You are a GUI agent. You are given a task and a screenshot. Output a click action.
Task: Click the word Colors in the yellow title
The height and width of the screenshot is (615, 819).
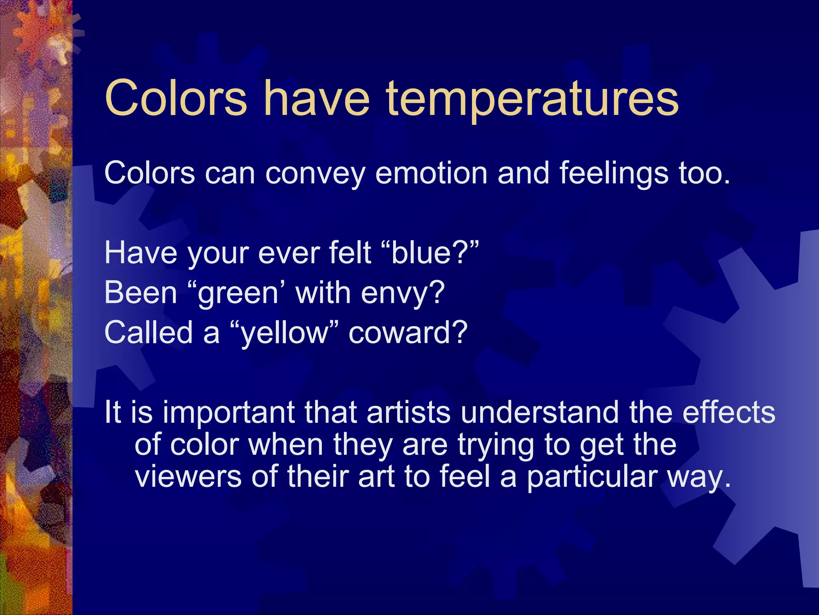point(176,98)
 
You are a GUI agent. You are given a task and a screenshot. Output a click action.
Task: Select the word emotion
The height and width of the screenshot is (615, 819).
point(431,173)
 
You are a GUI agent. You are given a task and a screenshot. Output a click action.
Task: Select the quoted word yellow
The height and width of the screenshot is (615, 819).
point(284,334)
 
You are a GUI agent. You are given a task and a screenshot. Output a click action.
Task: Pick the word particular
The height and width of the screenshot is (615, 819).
point(591,477)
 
